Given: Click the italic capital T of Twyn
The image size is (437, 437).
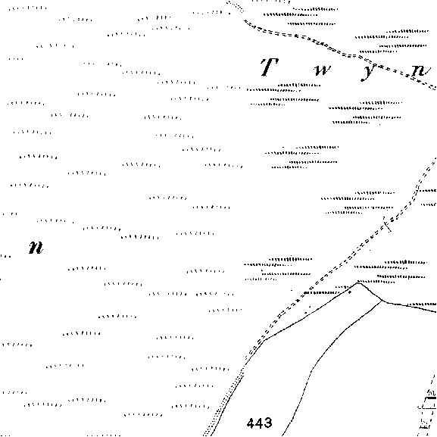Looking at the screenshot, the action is pyautogui.click(x=269, y=67).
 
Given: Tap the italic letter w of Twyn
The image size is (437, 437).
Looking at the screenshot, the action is pyautogui.click(x=323, y=70).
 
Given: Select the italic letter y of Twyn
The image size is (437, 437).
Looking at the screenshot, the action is pyautogui.click(x=369, y=73).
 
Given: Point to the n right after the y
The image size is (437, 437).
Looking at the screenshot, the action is pyautogui.click(x=421, y=70).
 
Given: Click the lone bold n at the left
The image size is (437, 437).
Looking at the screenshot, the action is pyautogui.click(x=36, y=247).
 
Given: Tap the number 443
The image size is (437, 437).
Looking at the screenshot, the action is pyautogui.click(x=259, y=423).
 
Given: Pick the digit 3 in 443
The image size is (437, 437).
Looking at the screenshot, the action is pyautogui.click(x=267, y=423).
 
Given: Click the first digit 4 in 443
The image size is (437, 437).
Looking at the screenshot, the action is pyautogui.click(x=251, y=423).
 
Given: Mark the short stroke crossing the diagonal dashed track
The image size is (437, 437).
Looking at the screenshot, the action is pyautogui.click(x=387, y=224).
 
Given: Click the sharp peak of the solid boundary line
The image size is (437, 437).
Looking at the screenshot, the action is pyautogui.click(x=358, y=283).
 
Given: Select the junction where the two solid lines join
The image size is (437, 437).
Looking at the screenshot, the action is pyautogui.click(x=383, y=301).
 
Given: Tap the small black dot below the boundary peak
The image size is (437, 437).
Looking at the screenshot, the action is pyautogui.click(x=350, y=292).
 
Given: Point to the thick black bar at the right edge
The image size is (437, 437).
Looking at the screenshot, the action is pyautogui.click(x=431, y=398).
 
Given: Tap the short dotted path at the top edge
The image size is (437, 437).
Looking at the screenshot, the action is pyautogui.click(x=236, y=7).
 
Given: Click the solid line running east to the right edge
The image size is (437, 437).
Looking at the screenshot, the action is pyautogui.click(x=410, y=307).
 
